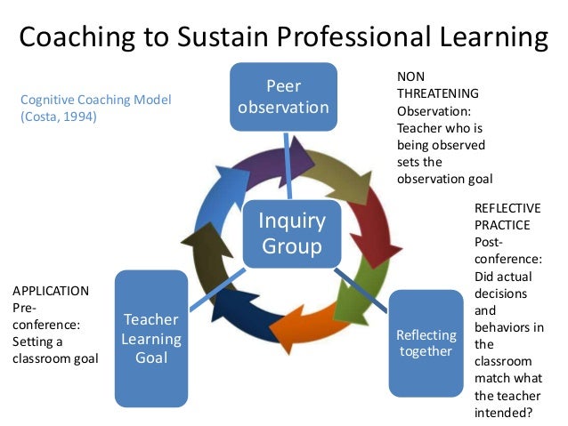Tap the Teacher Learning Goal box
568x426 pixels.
pyautogui.click(x=151, y=338)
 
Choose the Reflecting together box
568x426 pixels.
pyautogui.click(x=426, y=342)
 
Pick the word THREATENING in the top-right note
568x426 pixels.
pyautogui.click(x=438, y=93)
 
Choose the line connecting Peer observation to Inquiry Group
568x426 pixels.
pyautogui.click(x=287, y=165)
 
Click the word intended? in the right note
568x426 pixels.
pyautogui.click(x=503, y=412)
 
